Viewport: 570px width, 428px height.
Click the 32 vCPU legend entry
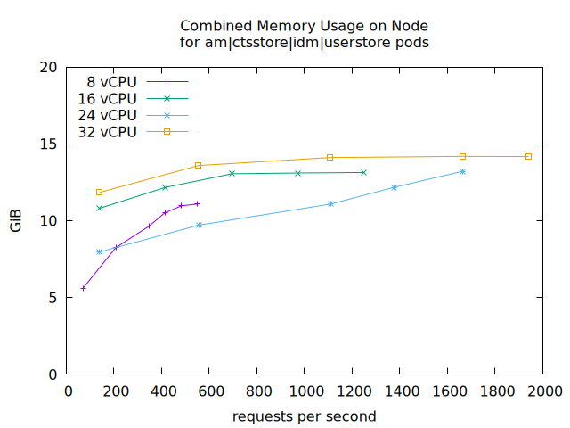coord(107,132)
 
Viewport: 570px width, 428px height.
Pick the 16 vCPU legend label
coord(107,98)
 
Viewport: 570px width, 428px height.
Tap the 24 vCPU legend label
coord(107,115)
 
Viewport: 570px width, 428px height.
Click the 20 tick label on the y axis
coord(50,67)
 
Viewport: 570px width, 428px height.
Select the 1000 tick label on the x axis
coord(305,391)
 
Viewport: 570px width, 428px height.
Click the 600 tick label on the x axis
coord(211,391)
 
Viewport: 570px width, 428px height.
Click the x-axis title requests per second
coord(305,416)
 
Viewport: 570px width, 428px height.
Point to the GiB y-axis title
coord(16,220)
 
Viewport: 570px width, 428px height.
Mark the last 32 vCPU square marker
coord(528,156)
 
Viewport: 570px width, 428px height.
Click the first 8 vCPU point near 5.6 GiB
coord(84,288)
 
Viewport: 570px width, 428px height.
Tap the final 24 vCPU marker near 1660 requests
coord(462,171)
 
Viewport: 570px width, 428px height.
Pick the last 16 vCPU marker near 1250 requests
coord(363,172)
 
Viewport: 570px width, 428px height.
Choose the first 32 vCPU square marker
coord(99,192)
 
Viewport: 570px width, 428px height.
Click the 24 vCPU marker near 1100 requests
coord(330,203)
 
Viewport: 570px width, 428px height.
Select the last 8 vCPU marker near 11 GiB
coord(197,203)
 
